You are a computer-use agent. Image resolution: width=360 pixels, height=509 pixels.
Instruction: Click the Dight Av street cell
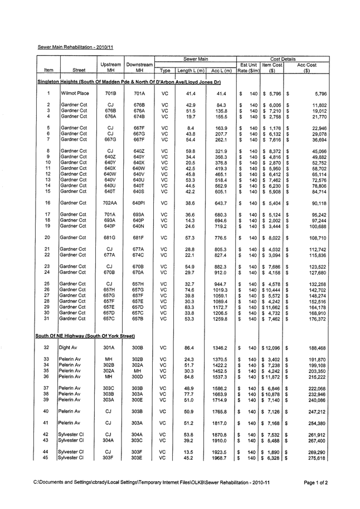pos(70,332)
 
